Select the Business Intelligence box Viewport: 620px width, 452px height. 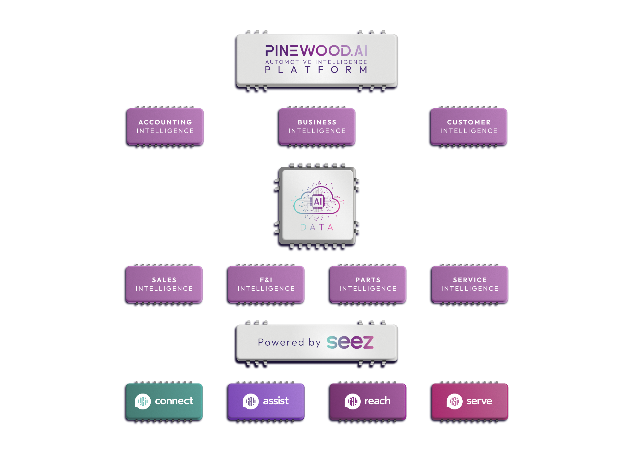pyautogui.click(x=317, y=126)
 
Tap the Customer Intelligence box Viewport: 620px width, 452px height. pyautogui.click(x=468, y=126)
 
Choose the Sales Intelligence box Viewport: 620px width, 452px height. pyautogui.click(x=164, y=284)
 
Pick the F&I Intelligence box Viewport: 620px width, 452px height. pyautogui.click(x=266, y=284)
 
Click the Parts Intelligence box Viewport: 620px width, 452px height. pyautogui.click(x=368, y=284)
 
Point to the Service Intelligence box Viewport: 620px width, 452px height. pyautogui.click(x=469, y=284)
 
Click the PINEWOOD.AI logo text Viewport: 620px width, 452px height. pyautogui.click(x=316, y=51)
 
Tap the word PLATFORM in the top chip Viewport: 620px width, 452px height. pyautogui.click(x=316, y=70)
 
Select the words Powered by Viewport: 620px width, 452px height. pyautogui.click(x=289, y=342)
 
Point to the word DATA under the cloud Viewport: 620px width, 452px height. pyautogui.click(x=317, y=227)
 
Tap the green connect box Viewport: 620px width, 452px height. pyautogui.click(x=164, y=401)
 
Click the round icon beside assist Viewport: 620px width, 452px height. pyautogui.click(x=250, y=401)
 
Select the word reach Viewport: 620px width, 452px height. pyautogui.click(x=377, y=401)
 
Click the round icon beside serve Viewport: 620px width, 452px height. pyautogui.click(x=454, y=401)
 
